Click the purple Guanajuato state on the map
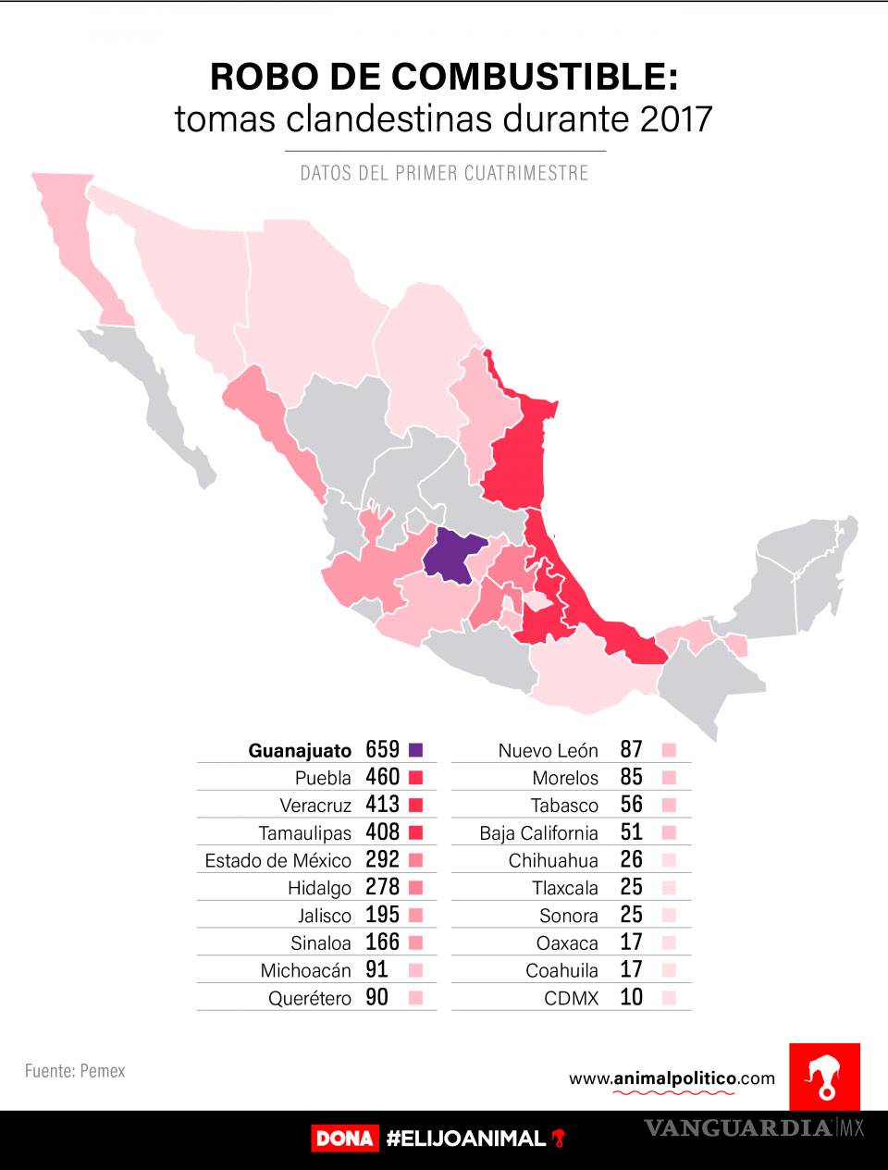(x=453, y=558)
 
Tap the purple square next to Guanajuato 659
(x=415, y=750)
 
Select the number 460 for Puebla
(x=382, y=777)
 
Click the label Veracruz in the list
(x=315, y=806)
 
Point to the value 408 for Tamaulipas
(x=382, y=832)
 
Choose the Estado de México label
(x=277, y=861)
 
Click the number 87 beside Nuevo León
(x=631, y=750)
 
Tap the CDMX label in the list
(x=572, y=999)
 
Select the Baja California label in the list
(x=538, y=833)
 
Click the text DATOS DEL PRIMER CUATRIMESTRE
(x=444, y=173)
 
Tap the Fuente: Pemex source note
(x=75, y=1071)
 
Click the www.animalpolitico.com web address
(x=672, y=1078)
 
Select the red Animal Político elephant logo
(x=824, y=1077)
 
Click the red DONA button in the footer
(x=344, y=1139)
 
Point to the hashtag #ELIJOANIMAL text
(x=466, y=1139)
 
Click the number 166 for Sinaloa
(x=382, y=942)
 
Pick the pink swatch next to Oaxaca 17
(x=670, y=943)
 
